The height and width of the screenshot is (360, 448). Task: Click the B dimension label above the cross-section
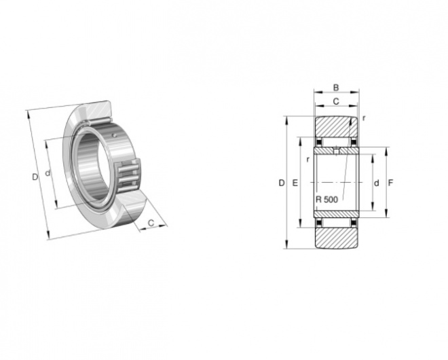pos(336,88)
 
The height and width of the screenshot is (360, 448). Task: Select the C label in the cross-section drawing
pos(336,101)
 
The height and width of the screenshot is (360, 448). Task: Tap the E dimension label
pos(295,183)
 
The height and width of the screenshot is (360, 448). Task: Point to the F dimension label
pos(390,183)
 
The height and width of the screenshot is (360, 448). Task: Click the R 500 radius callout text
pos(327,200)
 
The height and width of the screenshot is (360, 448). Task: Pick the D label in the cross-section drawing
pos(282,183)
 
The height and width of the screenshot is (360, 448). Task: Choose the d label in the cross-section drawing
pos(377,183)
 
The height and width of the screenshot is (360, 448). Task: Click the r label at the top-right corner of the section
pos(363,118)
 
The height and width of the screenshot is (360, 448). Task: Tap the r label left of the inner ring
pos(307,160)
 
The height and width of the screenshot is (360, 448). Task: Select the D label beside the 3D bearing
pos(35,177)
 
